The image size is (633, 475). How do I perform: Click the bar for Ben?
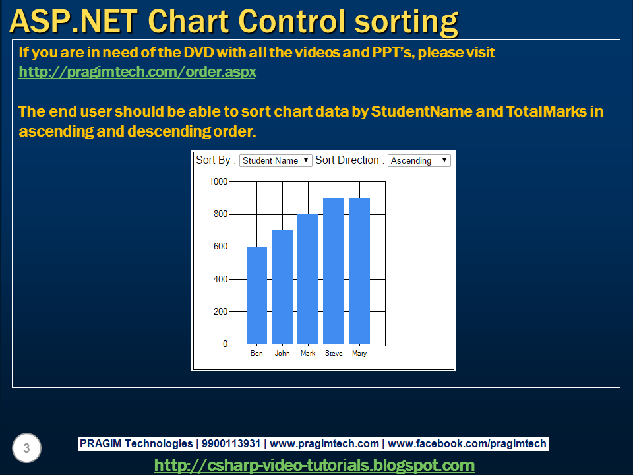tap(256, 296)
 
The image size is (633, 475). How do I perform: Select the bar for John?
tap(282, 287)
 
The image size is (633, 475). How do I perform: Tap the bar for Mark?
tap(308, 279)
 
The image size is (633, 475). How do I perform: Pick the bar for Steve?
tap(334, 270)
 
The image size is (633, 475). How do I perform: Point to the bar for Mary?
tap(359, 270)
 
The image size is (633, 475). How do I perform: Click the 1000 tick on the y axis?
tap(218, 181)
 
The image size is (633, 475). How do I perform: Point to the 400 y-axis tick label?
tap(220, 279)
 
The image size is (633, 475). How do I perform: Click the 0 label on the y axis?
tap(225, 344)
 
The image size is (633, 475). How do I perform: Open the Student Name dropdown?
tap(276, 160)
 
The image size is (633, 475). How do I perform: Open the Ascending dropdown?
tap(419, 160)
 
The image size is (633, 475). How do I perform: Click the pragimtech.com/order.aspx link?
tap(137, 71)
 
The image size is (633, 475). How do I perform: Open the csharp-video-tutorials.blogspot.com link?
tap(314, 465)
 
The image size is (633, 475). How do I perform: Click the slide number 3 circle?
tap(26, 449)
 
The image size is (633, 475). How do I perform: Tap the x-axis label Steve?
tap(334, 354)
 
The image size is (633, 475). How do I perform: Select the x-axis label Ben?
tap(256, 354)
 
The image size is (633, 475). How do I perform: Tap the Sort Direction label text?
tap(347, 160)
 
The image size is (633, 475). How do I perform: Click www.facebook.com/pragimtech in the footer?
tap(467, 444)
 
